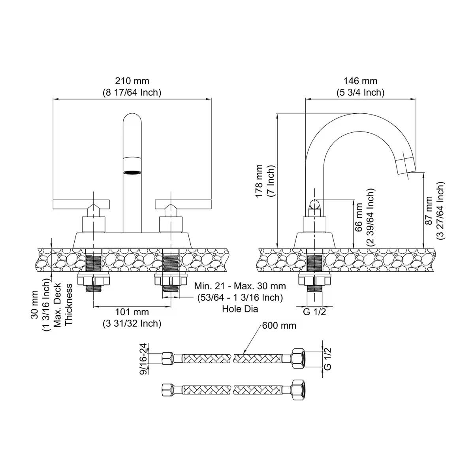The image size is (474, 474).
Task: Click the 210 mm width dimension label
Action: [x=132, y=81]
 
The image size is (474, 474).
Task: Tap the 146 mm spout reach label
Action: [x=360, y=81]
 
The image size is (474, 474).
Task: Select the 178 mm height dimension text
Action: [x=259, y=181]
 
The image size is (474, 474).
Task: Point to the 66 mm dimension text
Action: [x=359, y=217]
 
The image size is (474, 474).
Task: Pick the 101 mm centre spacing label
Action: [x=132, y=312]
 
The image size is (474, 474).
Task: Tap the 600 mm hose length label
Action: [x=279, y=326]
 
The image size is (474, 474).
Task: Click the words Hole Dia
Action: [x=240, y=308]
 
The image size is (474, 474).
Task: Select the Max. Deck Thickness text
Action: [x=63, y=304]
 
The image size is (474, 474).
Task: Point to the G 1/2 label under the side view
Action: [x=314, y=312]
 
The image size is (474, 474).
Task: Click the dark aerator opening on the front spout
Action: [x=132, y=172]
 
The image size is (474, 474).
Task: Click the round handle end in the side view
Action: [x=314, y=204]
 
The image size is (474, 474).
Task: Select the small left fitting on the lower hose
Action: [x=167, y=390]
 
